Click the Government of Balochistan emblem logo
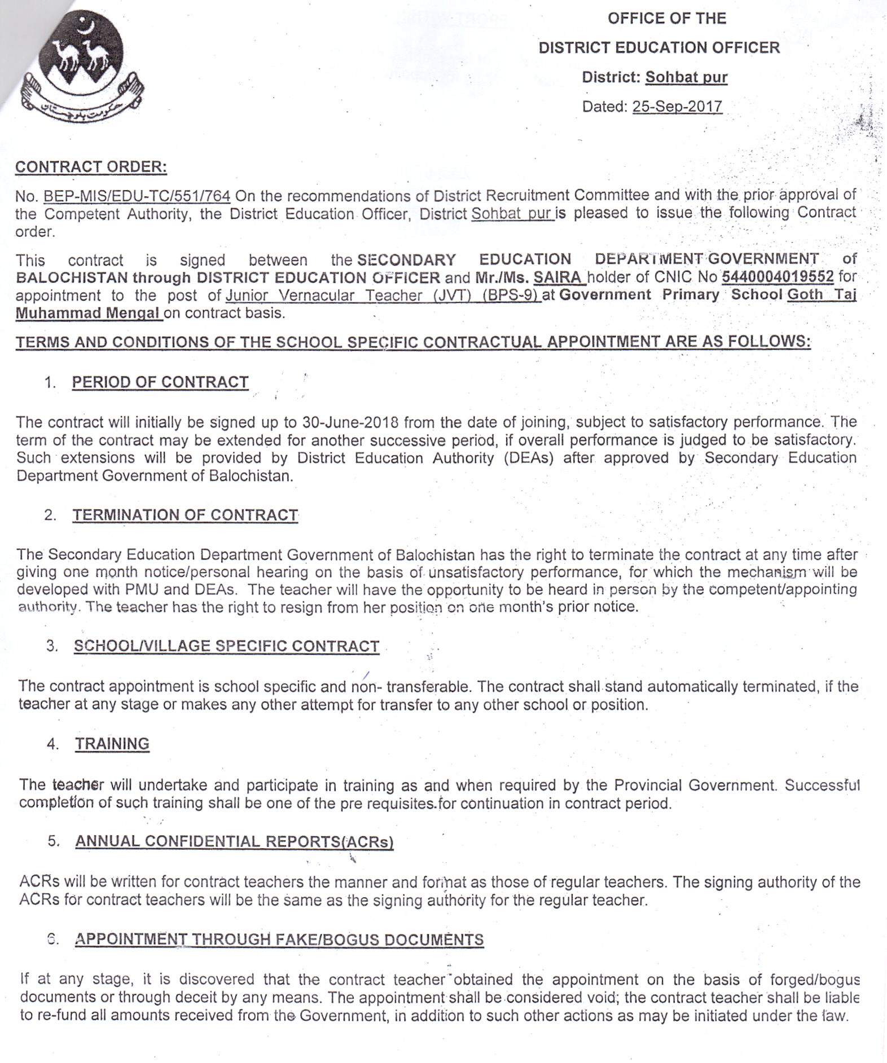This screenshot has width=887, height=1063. pyautogui.click(x=82, y=67)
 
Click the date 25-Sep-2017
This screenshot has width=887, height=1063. pyautogui.click(x=677, y=107)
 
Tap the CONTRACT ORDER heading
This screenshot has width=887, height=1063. pyautogui.click(x=91, y=167)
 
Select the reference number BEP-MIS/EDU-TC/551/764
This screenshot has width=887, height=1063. pyautogui.click(x=137, y=196)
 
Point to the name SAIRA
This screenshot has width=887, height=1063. pyautogui.click(x=557, y=277)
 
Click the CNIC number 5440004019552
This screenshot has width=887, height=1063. pyautogui.click(x=778, y=277)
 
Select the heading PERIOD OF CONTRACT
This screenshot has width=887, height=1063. pyautogui.click(x=160, y=382)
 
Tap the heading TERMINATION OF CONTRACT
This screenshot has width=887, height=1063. pyautogui.click(x=185, y=515)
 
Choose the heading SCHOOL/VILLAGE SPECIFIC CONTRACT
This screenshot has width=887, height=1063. pyautogui.click(x=227, y=646)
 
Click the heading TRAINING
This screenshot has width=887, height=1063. pyautogui.click(x=112, y=744)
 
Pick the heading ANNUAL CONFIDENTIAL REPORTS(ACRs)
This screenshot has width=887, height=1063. pyautogui.click(x=234, y=841)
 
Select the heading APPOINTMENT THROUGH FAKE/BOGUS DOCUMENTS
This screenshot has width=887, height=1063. pyautogui.click(x=279, y=940)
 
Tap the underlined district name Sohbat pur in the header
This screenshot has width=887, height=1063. pyautogui.click(x=686, y=77)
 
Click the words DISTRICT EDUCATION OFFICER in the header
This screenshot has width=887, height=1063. pyautogui.click(x=659, y=48)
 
